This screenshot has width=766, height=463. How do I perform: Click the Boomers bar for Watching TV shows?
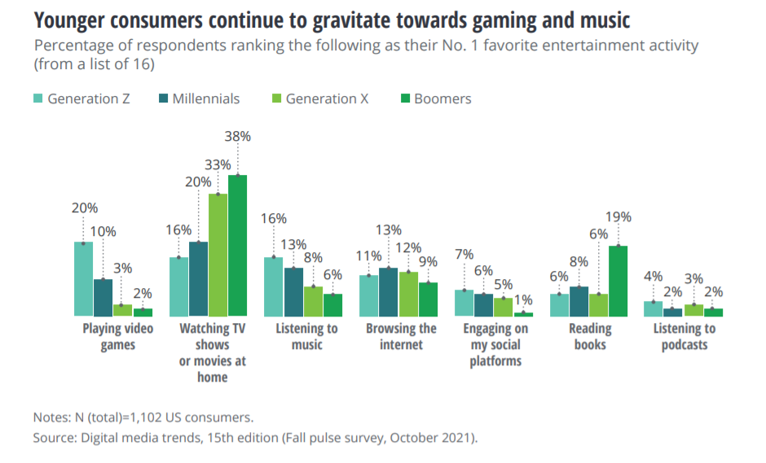pyautogui.click(x=237, y=245)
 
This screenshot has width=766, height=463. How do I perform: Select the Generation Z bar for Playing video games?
pyautogui.click(x=83, y=278)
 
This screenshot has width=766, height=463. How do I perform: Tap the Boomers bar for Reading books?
pyautogui.click(x=618, y=280)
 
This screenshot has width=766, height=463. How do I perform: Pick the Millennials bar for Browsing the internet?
pyautogui.click(x=389, y=291)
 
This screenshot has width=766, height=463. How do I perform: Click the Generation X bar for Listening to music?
pyautogui.click(x=313, y=300)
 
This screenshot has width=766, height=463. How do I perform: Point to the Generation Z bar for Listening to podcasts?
pyautogui.click(x=654, y=308)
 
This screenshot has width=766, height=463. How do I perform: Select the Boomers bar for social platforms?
pyautogui.click(x=523, y=313)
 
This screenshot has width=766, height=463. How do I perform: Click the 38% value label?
pyautogui.click(x=237, y=137)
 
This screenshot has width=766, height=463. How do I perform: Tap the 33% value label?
pyautogui.click(x=218, y=164)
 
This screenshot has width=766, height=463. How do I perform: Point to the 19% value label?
pyautogui.click(x=618, y=217)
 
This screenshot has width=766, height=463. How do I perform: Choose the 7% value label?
pyautogui.click(x=464, y=254)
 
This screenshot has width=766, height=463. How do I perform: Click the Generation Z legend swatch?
pyautogui.click(x=37, y=99)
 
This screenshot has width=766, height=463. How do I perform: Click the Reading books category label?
pyautogui.click(x=589, y=336)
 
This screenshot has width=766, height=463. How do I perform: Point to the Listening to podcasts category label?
pyautogui.click(x=685, y=336)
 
